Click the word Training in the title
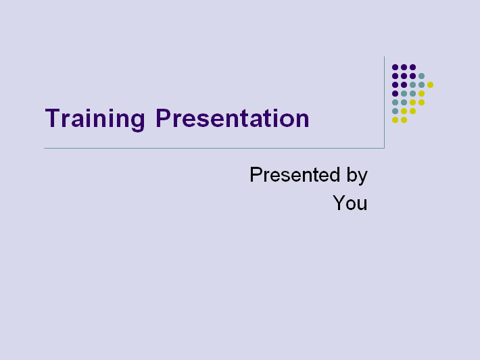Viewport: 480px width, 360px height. coord(95,119)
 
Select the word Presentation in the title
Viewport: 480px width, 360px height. coord(233,118)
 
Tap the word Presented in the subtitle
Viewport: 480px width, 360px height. coord(295,175)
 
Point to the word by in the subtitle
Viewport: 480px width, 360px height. coord(357,176)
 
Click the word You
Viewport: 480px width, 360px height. coord(350,203)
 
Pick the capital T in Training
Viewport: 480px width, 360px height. coord(53,118)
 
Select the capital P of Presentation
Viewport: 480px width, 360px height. coord(163,118)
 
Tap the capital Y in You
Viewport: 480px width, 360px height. coord(339,203)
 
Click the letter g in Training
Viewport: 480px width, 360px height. coord(138,122)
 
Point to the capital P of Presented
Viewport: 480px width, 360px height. coord(256,174)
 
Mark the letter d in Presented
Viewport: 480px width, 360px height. coord(334,175)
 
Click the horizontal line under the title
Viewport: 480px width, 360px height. coord(214,149)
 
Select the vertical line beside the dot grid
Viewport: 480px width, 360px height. coord(384,102)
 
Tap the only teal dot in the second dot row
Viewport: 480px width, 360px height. coord(422,76)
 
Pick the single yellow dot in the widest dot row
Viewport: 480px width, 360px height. coord(430,84)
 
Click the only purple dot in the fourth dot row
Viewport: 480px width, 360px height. coord(395,94)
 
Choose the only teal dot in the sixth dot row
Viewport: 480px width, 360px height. coord(395,111)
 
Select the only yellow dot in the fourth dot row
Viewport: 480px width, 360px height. coord(422,94)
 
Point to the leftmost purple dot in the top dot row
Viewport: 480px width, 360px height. coord(395,68)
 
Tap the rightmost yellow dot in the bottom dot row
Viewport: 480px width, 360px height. coord(404,120)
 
